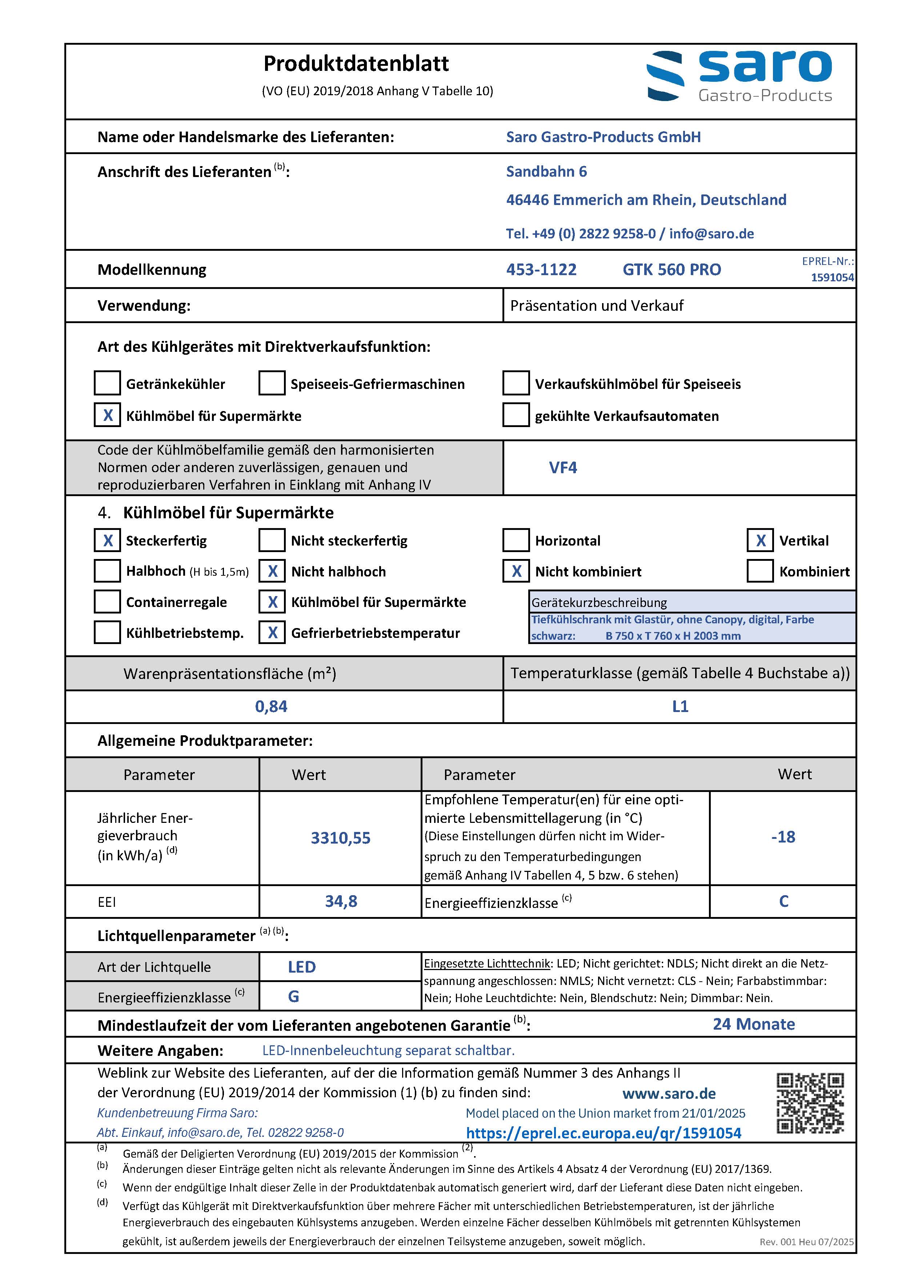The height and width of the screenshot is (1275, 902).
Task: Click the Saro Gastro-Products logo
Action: pos(739,77)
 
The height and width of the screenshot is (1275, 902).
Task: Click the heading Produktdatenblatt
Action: pos(356,64)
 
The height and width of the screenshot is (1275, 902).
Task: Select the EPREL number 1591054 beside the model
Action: pos(832,278)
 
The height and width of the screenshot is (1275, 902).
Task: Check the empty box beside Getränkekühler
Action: pos(107,383)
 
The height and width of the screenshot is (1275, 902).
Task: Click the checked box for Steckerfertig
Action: pos(107,540)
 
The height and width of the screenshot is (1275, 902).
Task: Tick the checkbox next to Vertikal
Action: pos(760,540)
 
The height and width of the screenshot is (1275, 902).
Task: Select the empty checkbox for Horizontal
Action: pos(516,540)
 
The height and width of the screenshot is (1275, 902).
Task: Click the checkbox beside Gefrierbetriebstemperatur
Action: pos(272,632)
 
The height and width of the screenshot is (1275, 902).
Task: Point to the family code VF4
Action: pos(563,467)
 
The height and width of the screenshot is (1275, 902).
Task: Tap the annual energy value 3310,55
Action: pos(340,838)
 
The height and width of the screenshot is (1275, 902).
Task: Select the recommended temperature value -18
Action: pos(783,837)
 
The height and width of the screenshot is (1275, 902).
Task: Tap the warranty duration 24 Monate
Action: pos(754,1024)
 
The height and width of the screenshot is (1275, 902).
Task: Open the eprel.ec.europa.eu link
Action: pos(603,1133)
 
